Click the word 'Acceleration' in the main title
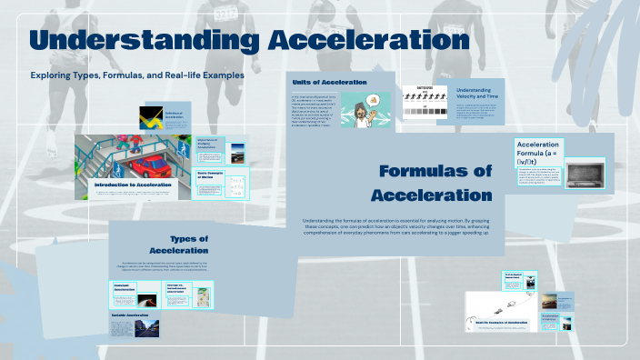point(367,42)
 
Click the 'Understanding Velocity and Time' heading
point(479,95)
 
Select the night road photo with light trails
point(149,296)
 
